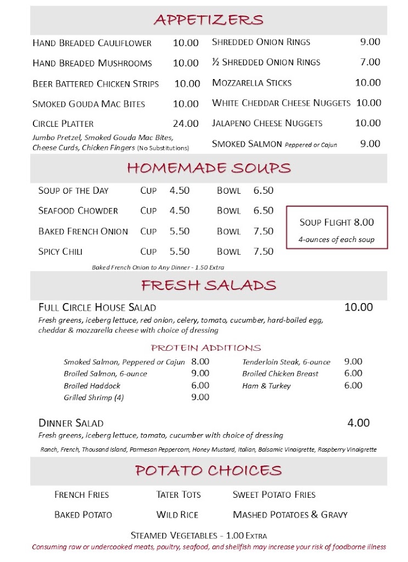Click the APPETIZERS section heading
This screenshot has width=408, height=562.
tap(209, 20)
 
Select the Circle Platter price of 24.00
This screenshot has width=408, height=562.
tap(186, 123)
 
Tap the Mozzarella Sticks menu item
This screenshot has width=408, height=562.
tap(252, 83)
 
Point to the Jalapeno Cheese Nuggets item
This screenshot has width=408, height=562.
tap(267, 123)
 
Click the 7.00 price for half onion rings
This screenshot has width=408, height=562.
tap(370, 62)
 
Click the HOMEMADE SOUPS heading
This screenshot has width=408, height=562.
tap(209, 168)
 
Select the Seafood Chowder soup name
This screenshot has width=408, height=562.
tap(78, 211)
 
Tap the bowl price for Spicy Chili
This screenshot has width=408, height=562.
tap(263, 251)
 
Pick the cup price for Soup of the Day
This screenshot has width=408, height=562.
tap(180, 190)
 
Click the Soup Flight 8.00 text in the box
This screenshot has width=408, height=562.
tap(337, 222)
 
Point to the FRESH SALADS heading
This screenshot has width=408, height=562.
tap(209, 285)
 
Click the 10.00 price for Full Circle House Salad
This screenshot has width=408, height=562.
tap(359, 307)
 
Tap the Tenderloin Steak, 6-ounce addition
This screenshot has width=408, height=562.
tap(287, 362)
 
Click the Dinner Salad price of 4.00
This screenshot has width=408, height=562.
tap(359, 423)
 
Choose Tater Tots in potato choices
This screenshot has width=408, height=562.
tap(178, 494)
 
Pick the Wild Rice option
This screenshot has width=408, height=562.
tap(177, 515)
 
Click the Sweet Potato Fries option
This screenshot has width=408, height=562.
tap(274, 494)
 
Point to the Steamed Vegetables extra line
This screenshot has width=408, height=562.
tap(199, 535)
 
